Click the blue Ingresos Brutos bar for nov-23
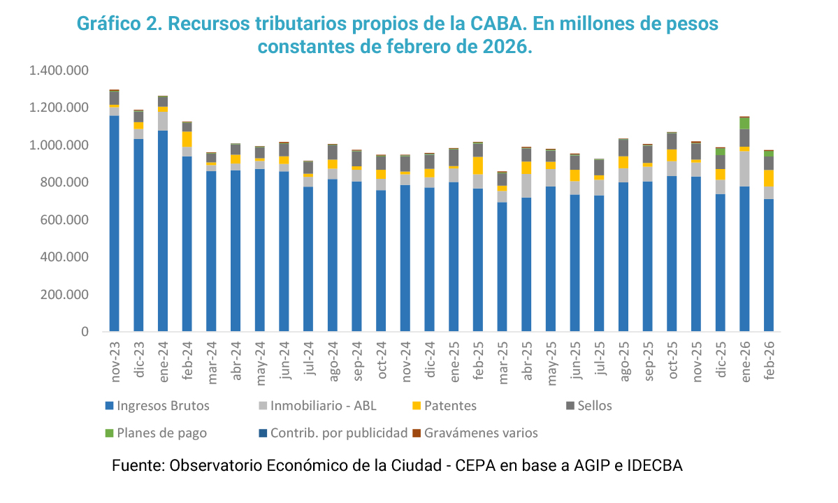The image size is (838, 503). click(x=114, y=224)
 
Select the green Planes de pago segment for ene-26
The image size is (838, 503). click(x=744, y=123)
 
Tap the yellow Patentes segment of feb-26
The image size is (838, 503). click(x=769, y=178)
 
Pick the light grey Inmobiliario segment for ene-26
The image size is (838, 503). click(x=744, y=168)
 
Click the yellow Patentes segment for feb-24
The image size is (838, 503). click(x=187, y=139)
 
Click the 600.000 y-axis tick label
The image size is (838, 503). click(x=64, y=220)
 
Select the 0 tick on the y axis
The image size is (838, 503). click(x=85, y=332)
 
